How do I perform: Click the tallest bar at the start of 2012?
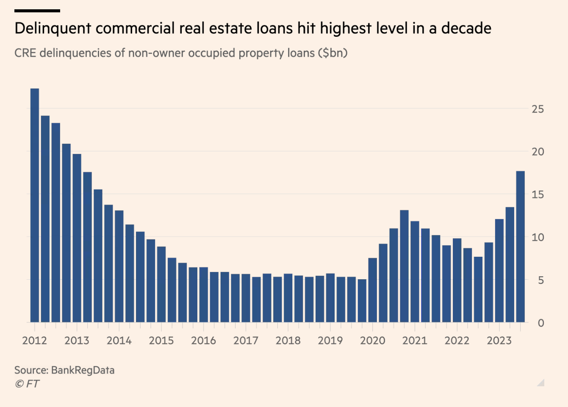pyautogui.click(x=35, y=205)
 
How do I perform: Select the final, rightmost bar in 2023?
pyautogui.click(x=520, y=247)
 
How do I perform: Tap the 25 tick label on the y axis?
pyautogui.click(x=538, y=109)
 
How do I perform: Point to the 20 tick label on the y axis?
pyautogui.click(x=538, y=152)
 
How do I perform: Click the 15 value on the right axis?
pyautogui.click(x=538, y=195)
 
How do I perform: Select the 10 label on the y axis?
pyautogui.click(x=538, y=237)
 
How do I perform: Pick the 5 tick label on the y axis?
pyautogui.click(x=541, y=280)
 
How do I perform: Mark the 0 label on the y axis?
pyautogui.click(x=541, y=323)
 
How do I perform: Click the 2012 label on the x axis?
pyautogui.click(x=34, y=341)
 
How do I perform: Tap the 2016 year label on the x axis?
pyautogui.click(x=203, y=341)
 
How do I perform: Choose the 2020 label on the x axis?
pyautogui.click(x=372, y=341)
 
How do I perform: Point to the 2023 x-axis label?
pyautogui.click(x=499, y=341)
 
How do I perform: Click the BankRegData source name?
pyautogui.click(x=83, y=370)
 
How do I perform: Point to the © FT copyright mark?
pyautogui.click(x=27, y=384)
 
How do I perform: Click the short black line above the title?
pyautogui.click(x=37, y=11)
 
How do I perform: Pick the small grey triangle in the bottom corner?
pyautogui.click(x=541, y=383)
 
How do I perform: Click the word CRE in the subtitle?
pyautogui.click(x=25, y=53)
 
